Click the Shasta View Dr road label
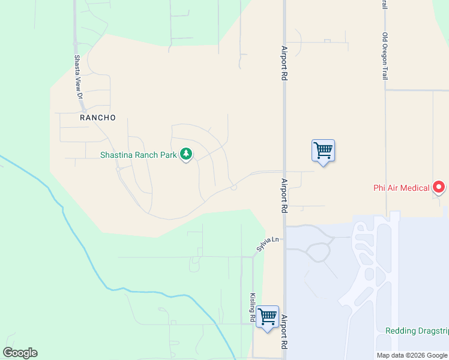pos(77,76)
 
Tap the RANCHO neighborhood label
pos(97,118)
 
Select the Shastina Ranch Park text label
pos(139,155)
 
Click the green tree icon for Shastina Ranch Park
pos(186,154)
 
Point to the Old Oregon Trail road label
pos(385,57)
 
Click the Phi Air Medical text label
pos(402,188)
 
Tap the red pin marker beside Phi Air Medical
pos(439,188)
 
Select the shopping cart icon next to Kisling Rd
pos(267,316)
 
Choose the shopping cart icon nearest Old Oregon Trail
pos(323,150)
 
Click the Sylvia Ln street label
pos(268,243)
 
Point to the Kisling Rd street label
pos(253,307)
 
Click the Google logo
pos(20,353)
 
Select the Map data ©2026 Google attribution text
pos(412,355)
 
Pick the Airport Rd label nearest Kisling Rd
pos(285,333)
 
